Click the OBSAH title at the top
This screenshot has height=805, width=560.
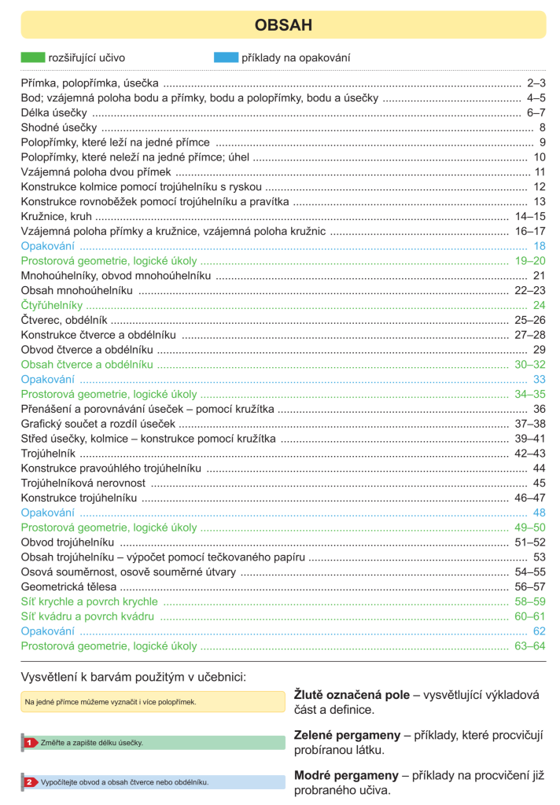(x=283, y=25)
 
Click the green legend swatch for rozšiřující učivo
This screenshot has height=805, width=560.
(x=32, y=57)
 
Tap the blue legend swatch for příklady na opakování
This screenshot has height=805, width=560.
(x=225, y=57)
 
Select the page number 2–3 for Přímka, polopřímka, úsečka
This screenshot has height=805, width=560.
(x=536, y=83)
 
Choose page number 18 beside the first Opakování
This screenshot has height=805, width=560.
(x=540, y=246)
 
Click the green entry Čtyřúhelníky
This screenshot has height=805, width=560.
(x=51, y=305)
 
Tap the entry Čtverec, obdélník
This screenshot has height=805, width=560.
(x=64, y=320)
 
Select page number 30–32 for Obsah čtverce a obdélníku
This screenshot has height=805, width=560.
(x=530, y=365)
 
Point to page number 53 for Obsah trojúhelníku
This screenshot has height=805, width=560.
(x=540, y=557)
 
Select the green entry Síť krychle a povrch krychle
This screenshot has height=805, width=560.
(x=89, y=601)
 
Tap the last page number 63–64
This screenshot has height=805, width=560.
(x=530, y=646)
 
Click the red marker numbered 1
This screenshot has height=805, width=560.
(x=29, y=742)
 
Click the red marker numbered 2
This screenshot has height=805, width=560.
(x=29, y=782)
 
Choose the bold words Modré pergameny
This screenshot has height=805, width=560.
(x=345, y=775)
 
